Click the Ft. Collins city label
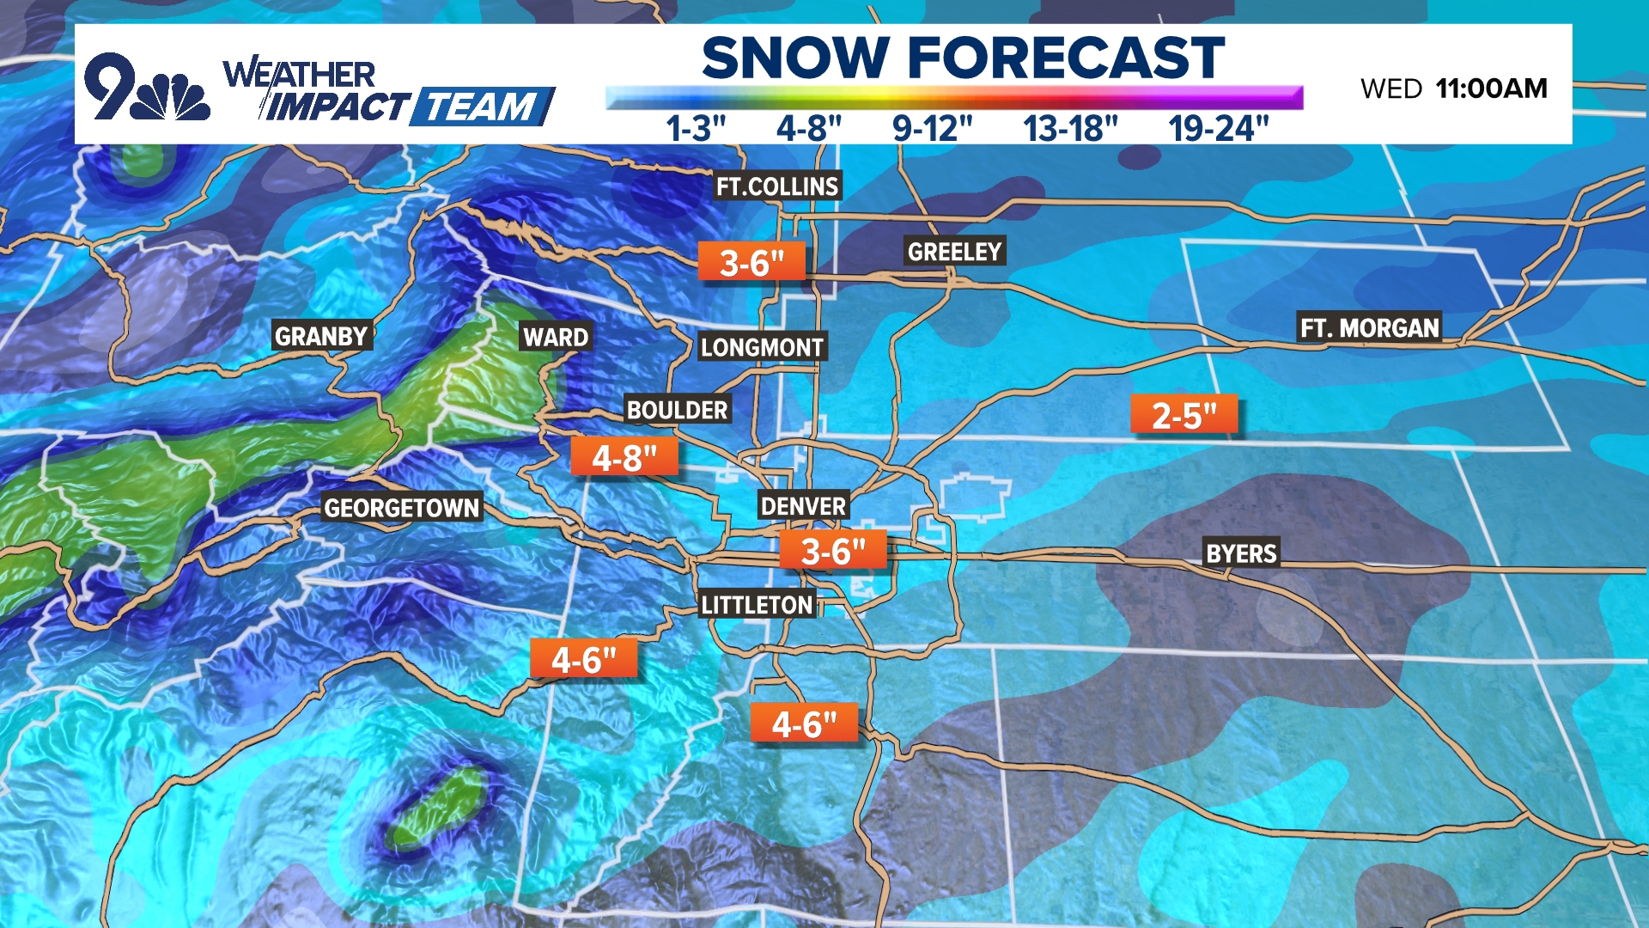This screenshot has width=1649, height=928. pos(777,186)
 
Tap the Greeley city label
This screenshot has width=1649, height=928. pos(954,252)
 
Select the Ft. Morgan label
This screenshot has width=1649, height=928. pos(1369,328)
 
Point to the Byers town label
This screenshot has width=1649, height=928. pos(1241,553)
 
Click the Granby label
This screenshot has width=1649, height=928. pos(321,336)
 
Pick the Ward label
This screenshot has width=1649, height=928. pos(556,337)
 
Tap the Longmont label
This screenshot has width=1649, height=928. pos(762,347)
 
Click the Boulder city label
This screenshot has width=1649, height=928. pos(677,410)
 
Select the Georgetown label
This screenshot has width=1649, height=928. pos(401,508)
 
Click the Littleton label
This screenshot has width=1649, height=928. pos(757,605)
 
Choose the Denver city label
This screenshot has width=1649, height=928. pos(803,506)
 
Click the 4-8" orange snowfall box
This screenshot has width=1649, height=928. pos(624,458)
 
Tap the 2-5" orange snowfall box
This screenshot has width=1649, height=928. pos(1184,416)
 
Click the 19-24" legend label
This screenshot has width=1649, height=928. pos(1218,129)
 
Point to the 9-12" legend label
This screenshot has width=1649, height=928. pos(932,129)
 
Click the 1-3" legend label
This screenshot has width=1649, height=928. pos(696,129)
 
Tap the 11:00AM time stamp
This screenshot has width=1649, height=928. pos(1491,89)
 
